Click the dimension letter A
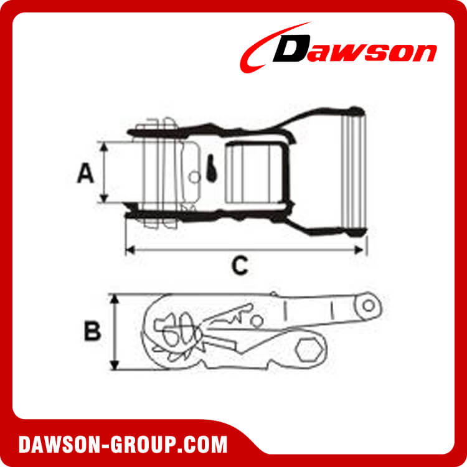pos(85,172)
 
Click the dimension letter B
pos(93,331)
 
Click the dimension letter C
pos(239,266)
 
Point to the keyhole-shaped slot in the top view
pos(211,167)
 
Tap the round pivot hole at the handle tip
pos(369,306)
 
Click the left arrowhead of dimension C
pos(130,250)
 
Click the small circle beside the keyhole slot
pos(195,177)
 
